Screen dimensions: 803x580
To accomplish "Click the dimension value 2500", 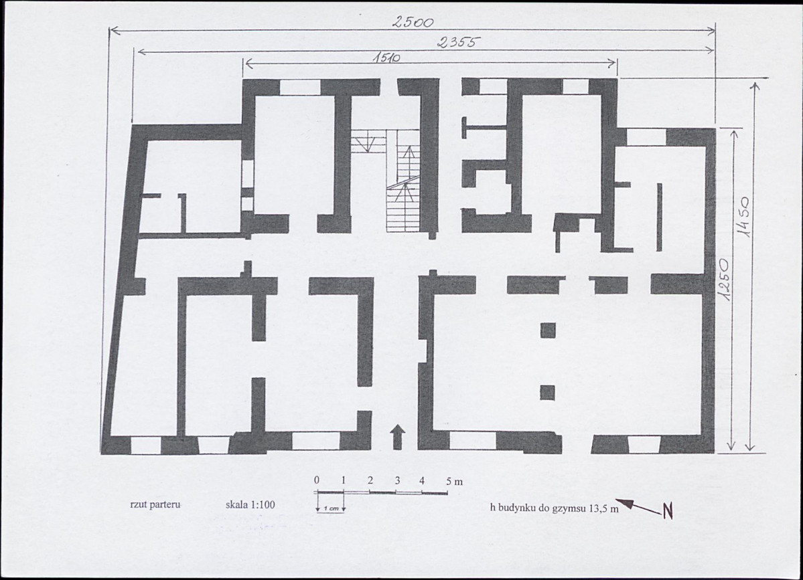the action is tap(413, 22).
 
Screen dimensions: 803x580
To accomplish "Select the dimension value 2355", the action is tap(458, 42).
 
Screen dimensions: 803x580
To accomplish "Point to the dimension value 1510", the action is tap(386, 58).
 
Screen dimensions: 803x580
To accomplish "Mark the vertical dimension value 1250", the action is tap(723, 280).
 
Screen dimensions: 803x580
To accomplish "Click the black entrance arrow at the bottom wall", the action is tap(398, 438).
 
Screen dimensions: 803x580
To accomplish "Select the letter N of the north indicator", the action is tap(667, 510).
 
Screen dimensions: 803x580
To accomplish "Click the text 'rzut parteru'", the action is tap(155, 504).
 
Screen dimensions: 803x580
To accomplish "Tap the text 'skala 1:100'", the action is tap(250, 505).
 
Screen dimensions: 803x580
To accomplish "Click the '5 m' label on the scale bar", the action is tap(453, 481).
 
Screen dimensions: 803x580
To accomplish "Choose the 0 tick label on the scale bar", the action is tap(317, 480).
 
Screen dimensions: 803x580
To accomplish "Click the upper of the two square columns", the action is tap(548, 330).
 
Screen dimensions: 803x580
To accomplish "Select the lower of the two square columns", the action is tap(547, 393).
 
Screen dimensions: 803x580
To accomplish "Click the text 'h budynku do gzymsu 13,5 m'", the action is tap(554, 508).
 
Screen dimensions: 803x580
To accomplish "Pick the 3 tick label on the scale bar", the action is tap(397, 480).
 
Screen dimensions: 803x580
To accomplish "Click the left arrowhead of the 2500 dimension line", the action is tap(115, 31).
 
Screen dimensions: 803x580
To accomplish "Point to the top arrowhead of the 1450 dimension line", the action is tap(755, 86).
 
